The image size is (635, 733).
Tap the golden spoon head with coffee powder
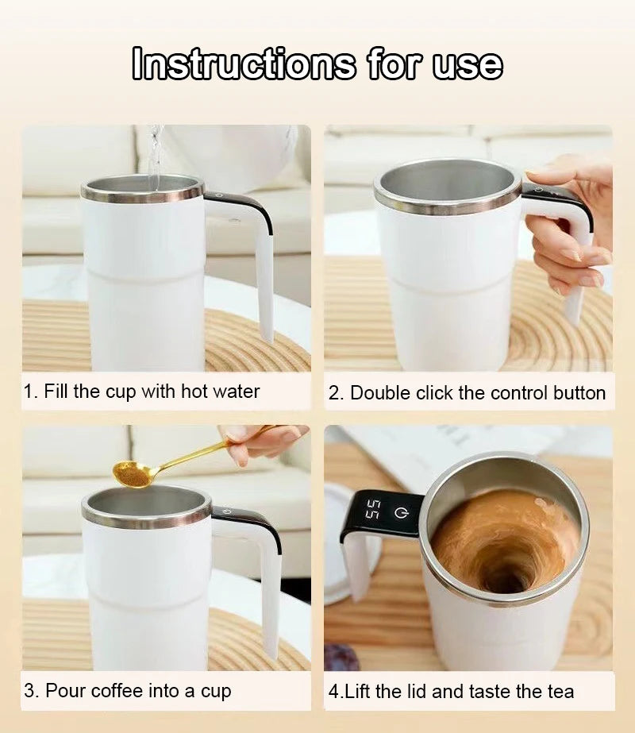(133, 474)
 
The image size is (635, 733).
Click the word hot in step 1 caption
(194, 392)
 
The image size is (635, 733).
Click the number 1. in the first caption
(30, 392)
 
